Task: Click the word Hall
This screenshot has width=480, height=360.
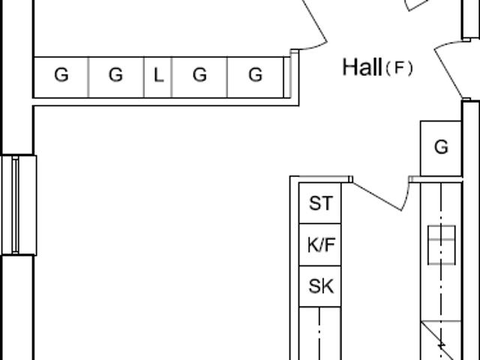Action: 362,67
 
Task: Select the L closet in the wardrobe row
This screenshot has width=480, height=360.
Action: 158,76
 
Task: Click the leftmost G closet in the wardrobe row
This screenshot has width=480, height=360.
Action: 61,76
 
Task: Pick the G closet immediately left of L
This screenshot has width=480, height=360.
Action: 115,76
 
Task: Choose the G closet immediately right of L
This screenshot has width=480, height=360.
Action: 199,76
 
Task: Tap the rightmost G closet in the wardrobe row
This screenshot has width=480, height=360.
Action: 256,76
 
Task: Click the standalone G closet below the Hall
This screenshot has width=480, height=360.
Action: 441,148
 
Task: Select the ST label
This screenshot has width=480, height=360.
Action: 320,203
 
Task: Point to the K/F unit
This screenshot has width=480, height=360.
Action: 320,245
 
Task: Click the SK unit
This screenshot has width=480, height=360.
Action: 320,286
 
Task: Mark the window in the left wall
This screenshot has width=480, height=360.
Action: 16,205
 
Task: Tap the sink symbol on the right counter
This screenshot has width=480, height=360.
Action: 441,244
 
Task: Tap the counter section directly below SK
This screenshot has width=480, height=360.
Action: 320,334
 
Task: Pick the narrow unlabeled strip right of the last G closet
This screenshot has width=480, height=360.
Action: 287,76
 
